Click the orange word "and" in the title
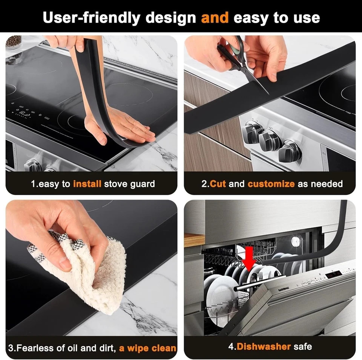pos(215,18)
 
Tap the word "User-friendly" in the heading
pos(92,18)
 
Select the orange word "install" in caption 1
pos(87,184)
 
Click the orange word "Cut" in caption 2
pos(218,184)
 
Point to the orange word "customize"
pos(271,184)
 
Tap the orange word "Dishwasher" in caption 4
pos(264,346)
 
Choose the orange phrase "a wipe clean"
pos(147,348)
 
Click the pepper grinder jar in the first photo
pos(14,43)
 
